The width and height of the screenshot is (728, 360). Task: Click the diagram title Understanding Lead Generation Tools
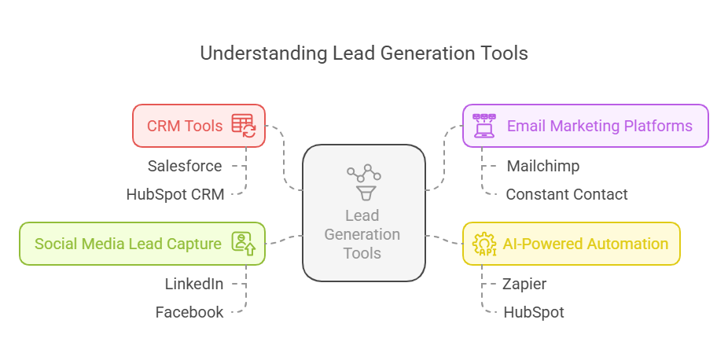coord(363,53)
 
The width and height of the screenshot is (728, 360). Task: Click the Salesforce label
coord(185,166)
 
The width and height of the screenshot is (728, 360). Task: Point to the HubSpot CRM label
coord(175,194)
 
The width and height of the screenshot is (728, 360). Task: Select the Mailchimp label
coord(542,166)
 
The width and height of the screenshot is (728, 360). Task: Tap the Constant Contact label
coord(566,194)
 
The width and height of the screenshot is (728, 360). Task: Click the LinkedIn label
coord(193,284)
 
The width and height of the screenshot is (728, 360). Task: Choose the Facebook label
coord(189,312)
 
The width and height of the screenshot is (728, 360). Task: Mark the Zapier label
coord(524,284)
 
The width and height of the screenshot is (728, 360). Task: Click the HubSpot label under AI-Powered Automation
coord(533,312)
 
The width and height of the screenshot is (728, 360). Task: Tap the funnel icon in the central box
coord(363,191)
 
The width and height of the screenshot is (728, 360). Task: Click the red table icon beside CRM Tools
coord(243,126)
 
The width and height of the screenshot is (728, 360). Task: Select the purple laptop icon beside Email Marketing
coord(483,126)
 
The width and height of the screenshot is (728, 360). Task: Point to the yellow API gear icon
coord(483,244)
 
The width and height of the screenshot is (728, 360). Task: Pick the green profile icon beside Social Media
coord(243,243)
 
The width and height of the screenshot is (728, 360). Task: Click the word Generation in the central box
coord(362,234)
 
